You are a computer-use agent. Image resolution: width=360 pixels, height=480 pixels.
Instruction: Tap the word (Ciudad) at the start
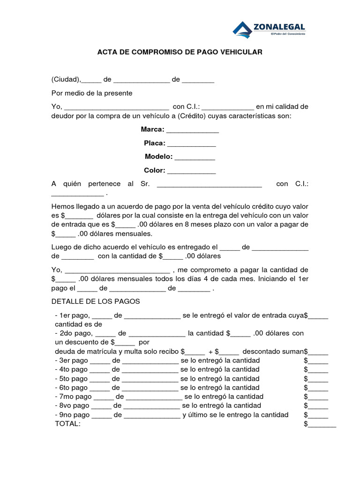point(66,79)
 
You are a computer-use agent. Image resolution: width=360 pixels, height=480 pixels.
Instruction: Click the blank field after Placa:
point(191,143)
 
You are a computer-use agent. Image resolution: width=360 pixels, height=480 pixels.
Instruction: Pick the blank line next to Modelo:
point(195,157)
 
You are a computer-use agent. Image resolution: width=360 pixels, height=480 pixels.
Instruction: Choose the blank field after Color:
point(191,171)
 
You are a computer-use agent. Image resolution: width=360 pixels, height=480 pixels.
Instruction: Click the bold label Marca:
point(152,129)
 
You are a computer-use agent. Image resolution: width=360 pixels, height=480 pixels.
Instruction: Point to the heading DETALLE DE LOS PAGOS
point(96,301)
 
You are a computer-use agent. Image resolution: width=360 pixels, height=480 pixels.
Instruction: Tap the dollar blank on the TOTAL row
point(322,425)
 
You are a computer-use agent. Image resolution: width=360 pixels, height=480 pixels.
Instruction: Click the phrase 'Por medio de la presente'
point(92,93)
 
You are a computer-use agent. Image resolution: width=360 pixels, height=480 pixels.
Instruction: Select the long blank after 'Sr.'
point(209,184)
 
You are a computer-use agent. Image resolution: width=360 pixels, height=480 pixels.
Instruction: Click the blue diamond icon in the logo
point(242,30)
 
